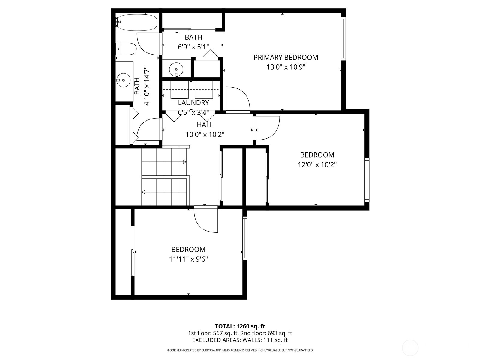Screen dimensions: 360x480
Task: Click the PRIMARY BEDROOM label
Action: [286, 57]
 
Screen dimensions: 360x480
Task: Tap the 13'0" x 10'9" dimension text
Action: [286, 67]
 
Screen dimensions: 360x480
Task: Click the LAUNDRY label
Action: [193, 103]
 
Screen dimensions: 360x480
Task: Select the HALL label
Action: [205, 125]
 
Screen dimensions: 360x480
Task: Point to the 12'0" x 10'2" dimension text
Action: [317, 165]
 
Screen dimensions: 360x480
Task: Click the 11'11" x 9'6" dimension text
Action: [188, 259]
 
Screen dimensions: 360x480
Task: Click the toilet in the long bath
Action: [126, 49]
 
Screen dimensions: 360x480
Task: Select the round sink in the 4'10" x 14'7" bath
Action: [123, 80]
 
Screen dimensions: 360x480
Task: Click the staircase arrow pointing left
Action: [143, 192]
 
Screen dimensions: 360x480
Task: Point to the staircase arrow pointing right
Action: [184, 162]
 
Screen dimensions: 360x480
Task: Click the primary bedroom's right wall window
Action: [343, 38]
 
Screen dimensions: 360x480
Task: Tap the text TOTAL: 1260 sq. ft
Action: [240, 326]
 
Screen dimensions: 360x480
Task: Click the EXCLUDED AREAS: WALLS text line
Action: [240, 340]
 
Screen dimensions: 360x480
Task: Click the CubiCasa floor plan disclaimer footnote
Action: [240, 350]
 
